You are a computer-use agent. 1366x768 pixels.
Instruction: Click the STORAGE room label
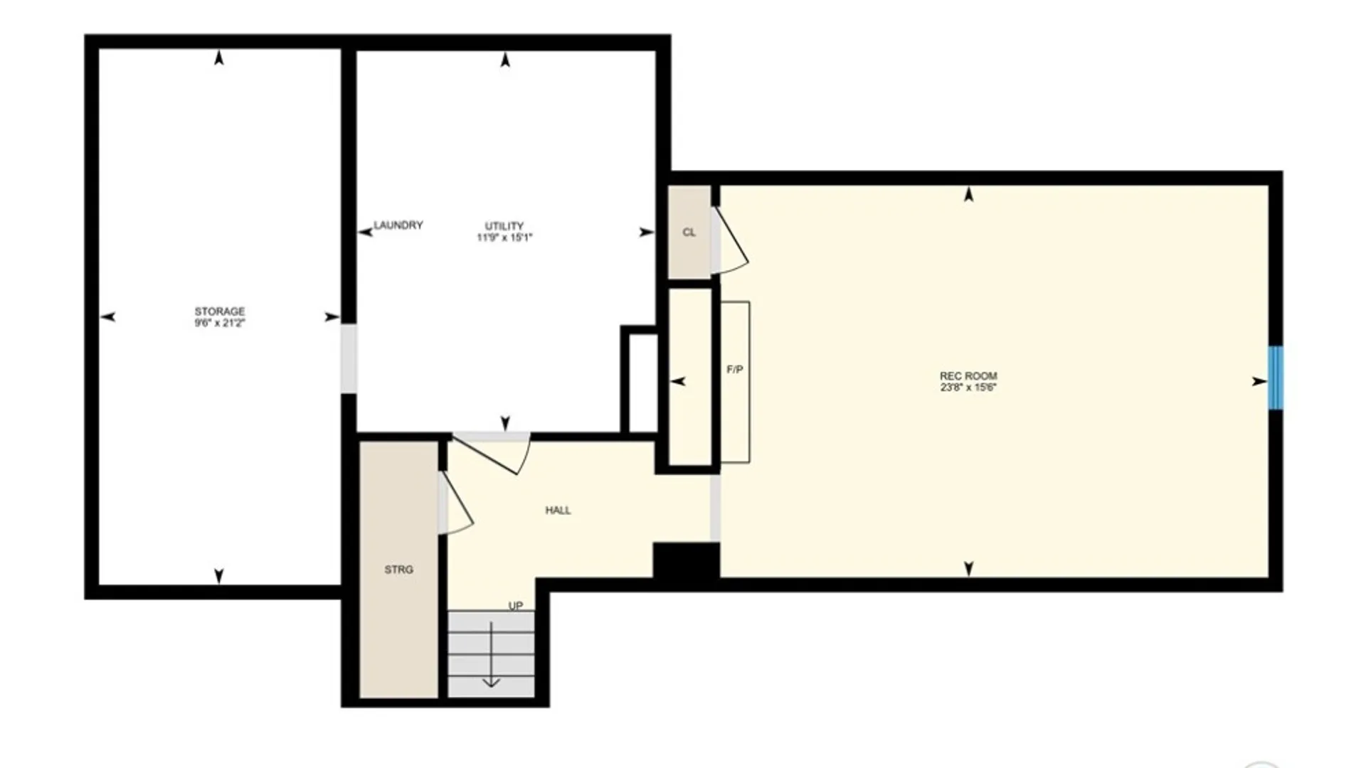click(x=219, y=311)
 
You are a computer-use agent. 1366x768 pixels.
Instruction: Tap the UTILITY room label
click(x=504, y=226)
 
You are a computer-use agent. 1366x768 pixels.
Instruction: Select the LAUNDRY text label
click(x=398, y=225)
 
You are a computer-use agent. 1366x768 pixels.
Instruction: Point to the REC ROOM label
click(x=968, y=376)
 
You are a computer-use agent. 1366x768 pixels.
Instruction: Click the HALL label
click(x=558, y=511)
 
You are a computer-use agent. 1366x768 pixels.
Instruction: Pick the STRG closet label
click(x=398, y=570)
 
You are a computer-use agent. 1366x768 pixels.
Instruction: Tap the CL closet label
click(x=689, y=233)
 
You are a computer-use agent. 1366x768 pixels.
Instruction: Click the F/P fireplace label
click(x=735, y=370)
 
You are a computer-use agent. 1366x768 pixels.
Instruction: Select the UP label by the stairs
click(x=516, y=606)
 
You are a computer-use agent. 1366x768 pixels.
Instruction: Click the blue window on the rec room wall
click(x=1276, y=378)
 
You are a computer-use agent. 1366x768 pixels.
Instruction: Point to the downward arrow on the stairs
click(x=491, y=654)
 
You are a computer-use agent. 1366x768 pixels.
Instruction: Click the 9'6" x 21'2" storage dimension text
click(x=219, y=323)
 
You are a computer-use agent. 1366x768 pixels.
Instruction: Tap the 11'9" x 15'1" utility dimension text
click(x=504, y=238)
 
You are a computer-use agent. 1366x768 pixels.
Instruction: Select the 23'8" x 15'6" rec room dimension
click(x=968, y=388)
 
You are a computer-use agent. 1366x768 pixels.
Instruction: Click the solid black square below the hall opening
click(x=686, y=560)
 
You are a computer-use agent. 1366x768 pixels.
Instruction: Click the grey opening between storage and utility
click(x=349, y=358)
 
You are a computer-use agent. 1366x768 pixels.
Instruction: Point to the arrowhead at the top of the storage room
click(x=219, y=58)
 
